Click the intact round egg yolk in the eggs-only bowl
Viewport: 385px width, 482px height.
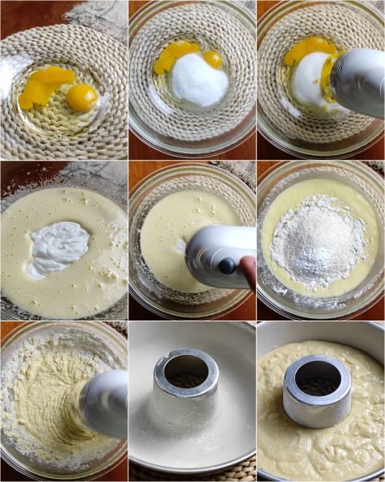pyautogui.click(x=82, y=97)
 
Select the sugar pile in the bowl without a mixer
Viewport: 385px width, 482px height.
pyautogui.click(x=200, y=80)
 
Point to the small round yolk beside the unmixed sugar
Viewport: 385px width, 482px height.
pyautogui.click(x=213, y=59)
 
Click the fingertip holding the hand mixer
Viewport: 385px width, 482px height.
pyautogui.click(x=249, y=273)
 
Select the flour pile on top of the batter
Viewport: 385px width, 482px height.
pyautogui.click(x=318, y=241)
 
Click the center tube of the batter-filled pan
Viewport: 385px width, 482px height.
pyautogui.click(x=317, y=392)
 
